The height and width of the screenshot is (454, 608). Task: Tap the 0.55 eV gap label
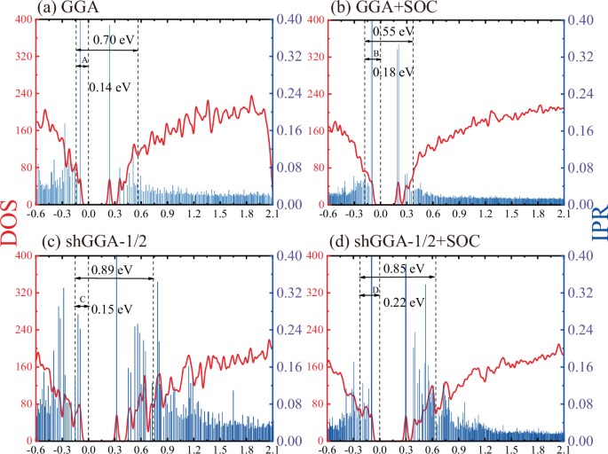point(393,32)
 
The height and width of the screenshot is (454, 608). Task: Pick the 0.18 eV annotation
point(393,71)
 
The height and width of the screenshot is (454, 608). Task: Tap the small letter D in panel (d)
point(375,290)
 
